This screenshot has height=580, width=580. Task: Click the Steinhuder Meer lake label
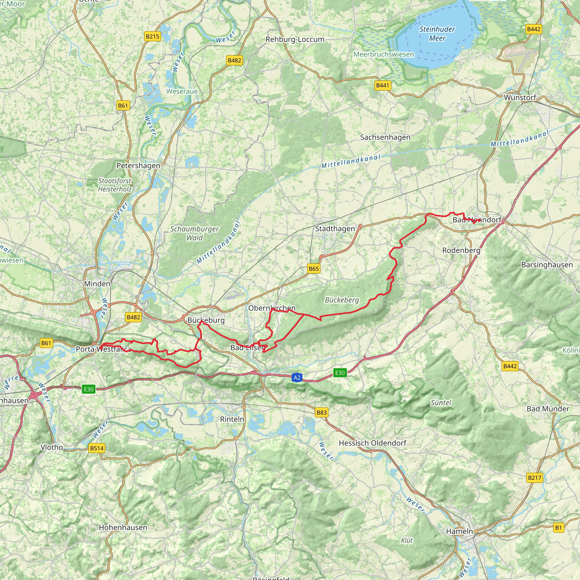(437, 34)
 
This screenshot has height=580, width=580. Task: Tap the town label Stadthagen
(335, 229)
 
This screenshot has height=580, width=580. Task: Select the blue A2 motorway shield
(297, 378)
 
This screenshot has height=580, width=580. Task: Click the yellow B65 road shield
(314, 269)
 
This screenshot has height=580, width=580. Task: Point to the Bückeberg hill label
(342, 300)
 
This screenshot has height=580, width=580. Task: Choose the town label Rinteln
(232, 419)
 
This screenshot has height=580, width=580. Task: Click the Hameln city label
(459, 531)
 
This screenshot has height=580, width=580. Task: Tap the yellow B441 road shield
(382, 86)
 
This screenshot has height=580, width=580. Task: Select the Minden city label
(97, 284)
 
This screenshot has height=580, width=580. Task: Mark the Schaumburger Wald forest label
(195, 233)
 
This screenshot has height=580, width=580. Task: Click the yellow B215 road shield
(153, 37)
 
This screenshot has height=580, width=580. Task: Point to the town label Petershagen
(138, 166)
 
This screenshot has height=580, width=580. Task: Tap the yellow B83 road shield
(321, 412)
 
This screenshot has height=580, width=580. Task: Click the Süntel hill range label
(441, 403)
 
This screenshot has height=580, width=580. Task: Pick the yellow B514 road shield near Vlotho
(97, 449)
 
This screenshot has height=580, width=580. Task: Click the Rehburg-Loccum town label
(295, 39)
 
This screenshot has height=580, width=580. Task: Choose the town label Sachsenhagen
(385, 137)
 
